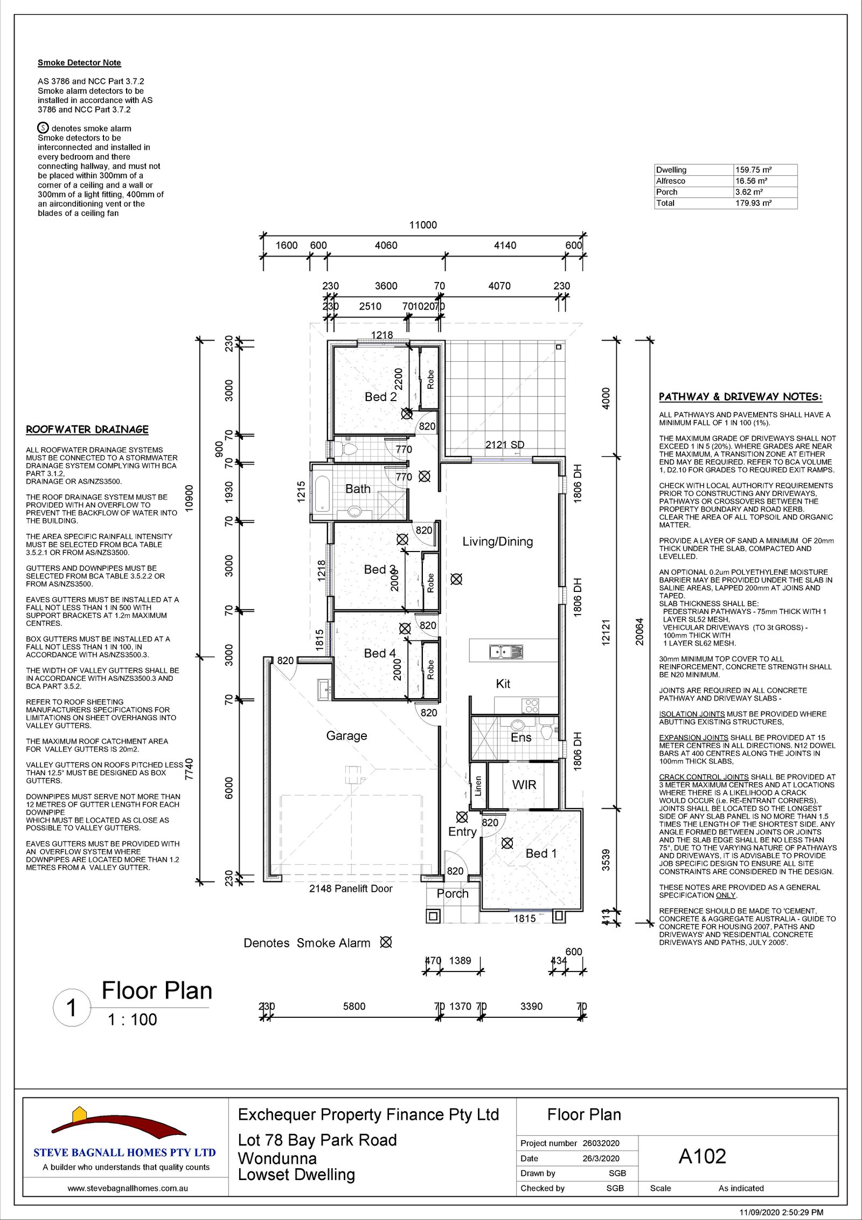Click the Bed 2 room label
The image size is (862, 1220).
(380, 397)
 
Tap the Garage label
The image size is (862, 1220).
(346, 736)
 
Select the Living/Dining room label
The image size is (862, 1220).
(497, 542)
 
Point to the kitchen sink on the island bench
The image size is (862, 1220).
(506, 652)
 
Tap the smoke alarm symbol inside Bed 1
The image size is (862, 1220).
(507, 843)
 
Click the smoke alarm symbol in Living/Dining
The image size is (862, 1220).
(456, 580)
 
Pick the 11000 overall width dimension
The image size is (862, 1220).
(423, 225)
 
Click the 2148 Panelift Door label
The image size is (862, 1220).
(351, 888)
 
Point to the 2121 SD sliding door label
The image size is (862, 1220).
(505, 445)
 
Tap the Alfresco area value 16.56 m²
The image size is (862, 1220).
(752, 181)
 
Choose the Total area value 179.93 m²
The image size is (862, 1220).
(754, 203)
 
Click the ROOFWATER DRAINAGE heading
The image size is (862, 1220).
(87, 430)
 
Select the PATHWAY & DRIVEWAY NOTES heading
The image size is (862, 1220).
(741, 397)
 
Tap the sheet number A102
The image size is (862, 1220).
(702, 1156)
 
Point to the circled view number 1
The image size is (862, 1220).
(72, 1008)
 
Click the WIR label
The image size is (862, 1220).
(524, 785)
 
